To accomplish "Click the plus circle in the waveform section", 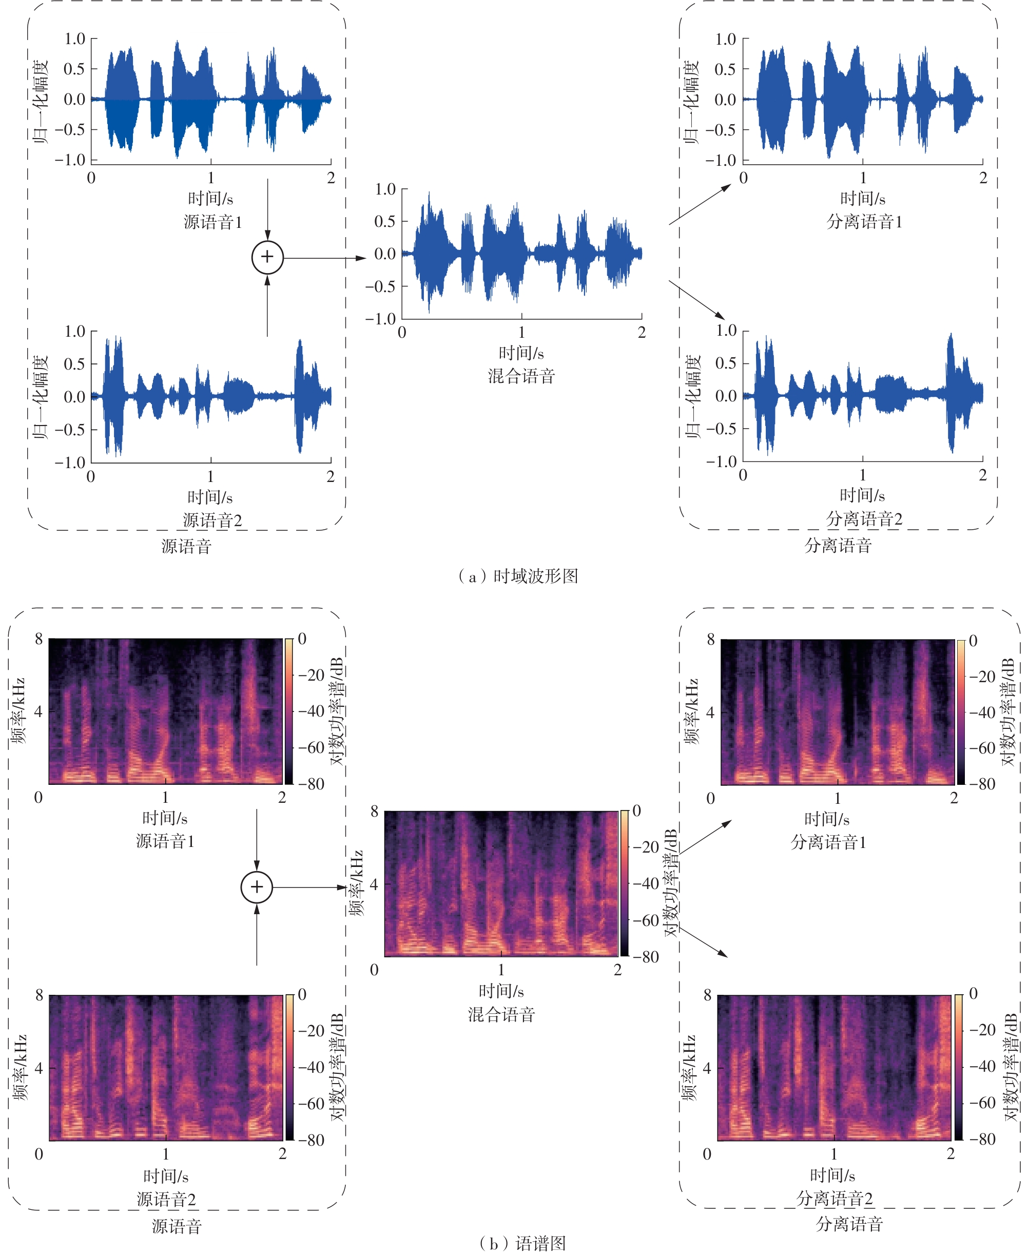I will (268, 257).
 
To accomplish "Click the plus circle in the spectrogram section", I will (257, 887).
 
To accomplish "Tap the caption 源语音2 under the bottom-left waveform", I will (212, 520).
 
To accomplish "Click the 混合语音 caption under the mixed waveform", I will (521, 376).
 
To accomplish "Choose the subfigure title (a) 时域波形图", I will (518, 576).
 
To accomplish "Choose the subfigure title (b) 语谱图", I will (521, 1242).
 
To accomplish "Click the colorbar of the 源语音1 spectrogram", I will (289, 711).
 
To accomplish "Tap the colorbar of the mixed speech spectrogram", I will (624, 882).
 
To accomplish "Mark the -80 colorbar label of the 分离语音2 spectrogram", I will (983, 1139).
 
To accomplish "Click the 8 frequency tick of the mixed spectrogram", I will (374, 811).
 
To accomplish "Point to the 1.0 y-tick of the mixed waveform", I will (385, 189).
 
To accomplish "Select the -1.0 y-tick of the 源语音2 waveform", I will (70, 462).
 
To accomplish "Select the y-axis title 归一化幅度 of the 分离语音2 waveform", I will (692, 397).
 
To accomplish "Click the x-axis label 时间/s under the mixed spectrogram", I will (501, 991).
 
